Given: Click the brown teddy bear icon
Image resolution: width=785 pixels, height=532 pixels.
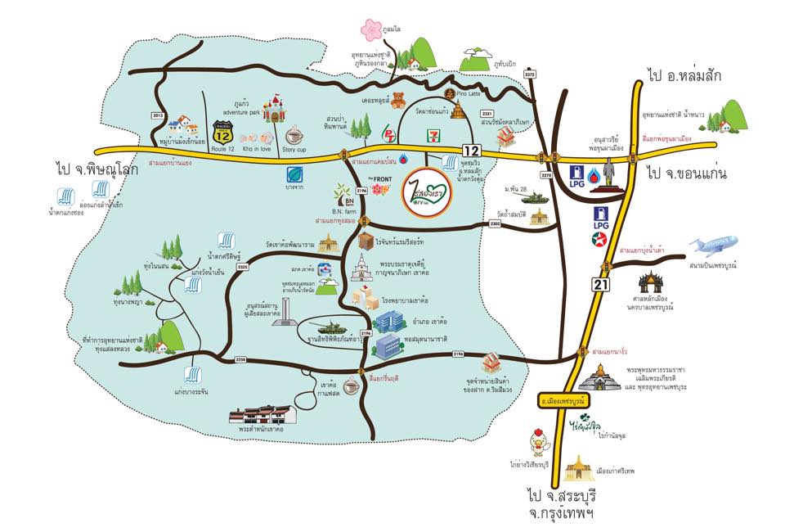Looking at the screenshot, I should coord(398,101).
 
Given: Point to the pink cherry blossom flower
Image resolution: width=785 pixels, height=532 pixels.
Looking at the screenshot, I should coord(371,30).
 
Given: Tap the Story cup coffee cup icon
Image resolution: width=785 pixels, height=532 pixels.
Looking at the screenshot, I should coord(294,133).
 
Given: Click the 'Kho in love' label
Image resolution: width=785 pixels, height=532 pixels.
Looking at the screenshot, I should coord(259,150).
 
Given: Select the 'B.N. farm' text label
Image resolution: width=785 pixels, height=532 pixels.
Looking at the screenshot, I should coord(345,211).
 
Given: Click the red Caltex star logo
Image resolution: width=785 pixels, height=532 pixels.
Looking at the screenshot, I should coord(601,239).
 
